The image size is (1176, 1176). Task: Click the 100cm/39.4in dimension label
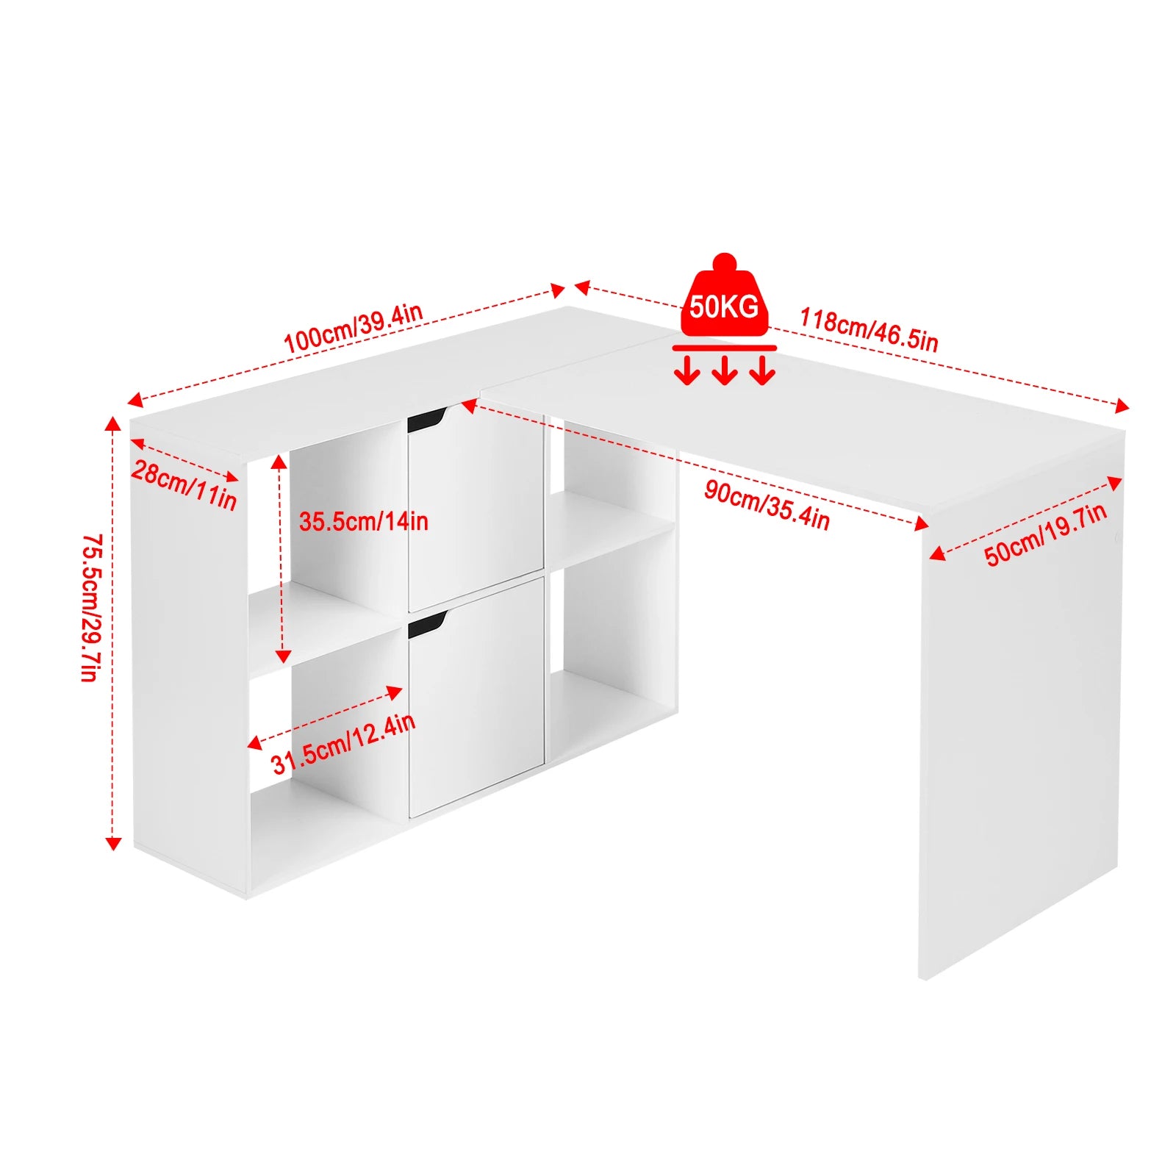[354, 327]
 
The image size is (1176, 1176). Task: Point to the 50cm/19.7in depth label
[1046, 534]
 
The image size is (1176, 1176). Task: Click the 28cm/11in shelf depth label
[184, 485]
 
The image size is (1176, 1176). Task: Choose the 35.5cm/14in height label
[363, 521]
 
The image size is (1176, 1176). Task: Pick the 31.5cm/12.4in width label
[343, 743]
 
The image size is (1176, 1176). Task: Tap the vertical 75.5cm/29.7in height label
[90, 608]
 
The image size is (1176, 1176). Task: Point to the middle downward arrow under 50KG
[725, 370]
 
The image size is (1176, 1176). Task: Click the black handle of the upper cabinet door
[426, 419]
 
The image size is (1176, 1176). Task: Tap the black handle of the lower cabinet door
[426, 624]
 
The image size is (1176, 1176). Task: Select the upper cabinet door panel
[476, 509]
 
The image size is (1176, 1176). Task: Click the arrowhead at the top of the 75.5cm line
[112, 423]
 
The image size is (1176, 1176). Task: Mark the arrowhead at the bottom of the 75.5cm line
[112, 842]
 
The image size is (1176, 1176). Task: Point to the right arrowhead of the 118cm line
[1122, 406]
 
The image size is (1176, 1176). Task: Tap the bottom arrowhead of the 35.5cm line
[283, 656]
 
